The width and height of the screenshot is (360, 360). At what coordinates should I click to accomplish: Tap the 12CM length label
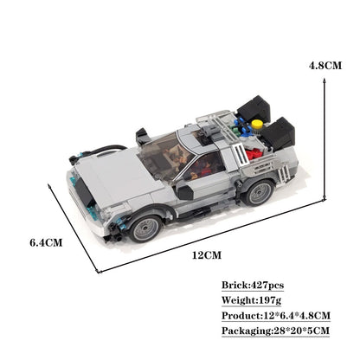tap(204, 256)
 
